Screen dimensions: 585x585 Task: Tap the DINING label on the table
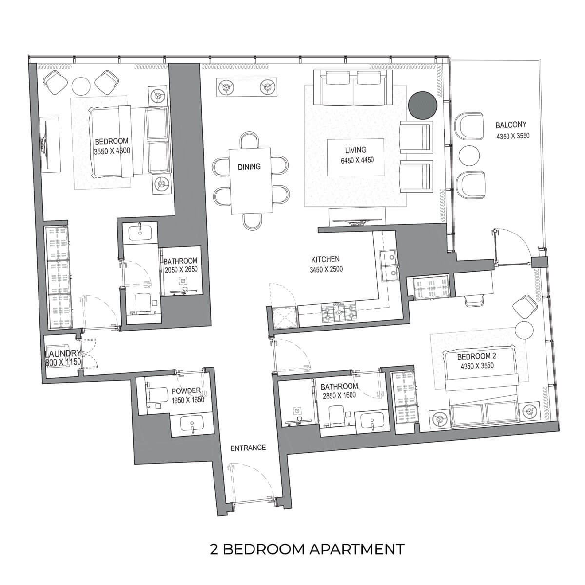249,167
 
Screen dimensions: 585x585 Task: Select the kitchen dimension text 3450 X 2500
326,269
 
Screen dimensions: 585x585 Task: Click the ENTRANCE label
248,448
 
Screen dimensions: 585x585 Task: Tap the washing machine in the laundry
57,356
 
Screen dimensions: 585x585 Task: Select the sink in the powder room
192,423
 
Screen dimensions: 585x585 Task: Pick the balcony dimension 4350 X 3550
513,136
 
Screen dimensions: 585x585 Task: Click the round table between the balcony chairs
469,156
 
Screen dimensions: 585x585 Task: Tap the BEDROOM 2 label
476,356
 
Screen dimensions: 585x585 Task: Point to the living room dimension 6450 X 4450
357,160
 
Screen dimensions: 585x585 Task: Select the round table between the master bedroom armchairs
81,86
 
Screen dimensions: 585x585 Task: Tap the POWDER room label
186,391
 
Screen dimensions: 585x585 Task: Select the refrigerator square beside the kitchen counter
284,317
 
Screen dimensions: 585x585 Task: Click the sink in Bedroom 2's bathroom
372,420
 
